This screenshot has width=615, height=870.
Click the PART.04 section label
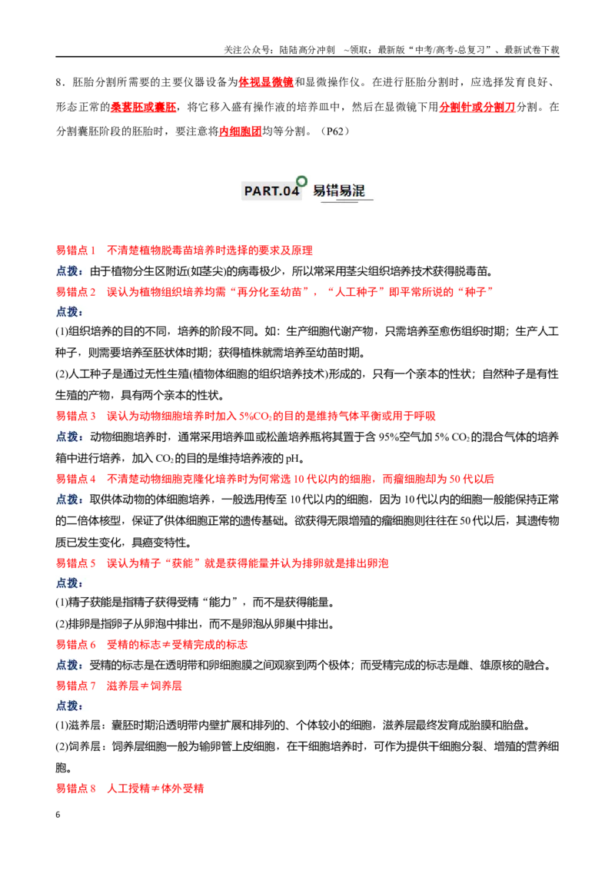[271, 191]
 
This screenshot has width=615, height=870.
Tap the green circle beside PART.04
[302, 181]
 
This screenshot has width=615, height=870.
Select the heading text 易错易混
[338, 191]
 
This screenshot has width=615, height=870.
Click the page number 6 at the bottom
[58, 815]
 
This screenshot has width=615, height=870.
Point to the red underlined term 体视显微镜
[266, 82]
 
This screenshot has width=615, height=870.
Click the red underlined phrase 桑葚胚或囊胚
[144, 107]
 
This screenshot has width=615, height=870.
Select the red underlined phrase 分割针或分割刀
[477, 107]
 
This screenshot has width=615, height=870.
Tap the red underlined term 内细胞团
[241, 131]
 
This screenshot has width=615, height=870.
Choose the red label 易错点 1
[75, 251]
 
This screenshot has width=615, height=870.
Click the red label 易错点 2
[75, 292]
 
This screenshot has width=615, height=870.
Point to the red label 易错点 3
[75, 416]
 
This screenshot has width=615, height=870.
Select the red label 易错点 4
[75, 479]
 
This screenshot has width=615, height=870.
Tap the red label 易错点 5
[75, 563]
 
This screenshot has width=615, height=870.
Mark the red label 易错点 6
[75, 644]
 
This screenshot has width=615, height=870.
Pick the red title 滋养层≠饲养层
[145, 686]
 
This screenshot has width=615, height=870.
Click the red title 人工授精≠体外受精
[155, 789]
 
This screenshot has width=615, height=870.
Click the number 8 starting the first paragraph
[58, 83]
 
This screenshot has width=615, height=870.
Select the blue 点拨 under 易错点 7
[69, 706]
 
